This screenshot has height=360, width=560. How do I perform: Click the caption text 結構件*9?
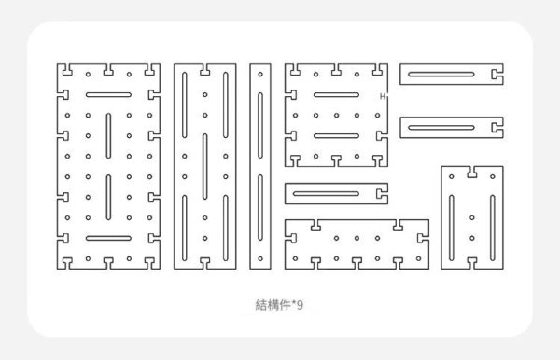click(x=279, y=305)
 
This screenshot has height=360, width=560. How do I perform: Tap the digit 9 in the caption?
click(x=300, y=305)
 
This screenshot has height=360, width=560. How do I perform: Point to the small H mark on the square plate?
click(x=383, y=96)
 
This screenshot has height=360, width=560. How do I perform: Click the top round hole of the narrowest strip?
click(x=260, y=75)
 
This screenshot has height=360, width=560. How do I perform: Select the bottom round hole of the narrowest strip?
click(x=260, y=258)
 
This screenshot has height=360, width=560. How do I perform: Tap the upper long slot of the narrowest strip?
click(x=260, y=125)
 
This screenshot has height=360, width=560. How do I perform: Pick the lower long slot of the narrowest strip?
click(x=260, y=207)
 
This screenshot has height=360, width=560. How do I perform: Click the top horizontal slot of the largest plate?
click(x=108, y=95)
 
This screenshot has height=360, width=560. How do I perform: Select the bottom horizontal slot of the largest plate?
click(x=108, y=238)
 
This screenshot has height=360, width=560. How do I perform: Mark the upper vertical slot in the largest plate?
click(x=108, y=135)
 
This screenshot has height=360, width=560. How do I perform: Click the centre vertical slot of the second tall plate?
click(x=205, y=166)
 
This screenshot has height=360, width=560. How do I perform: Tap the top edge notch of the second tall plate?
click(x=205, y=70)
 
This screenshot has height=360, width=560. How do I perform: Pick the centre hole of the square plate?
click(x=336, y=116)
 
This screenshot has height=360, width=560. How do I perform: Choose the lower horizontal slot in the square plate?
click(x=336, y=135)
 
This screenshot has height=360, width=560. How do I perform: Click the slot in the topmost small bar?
click(x=441, y=75)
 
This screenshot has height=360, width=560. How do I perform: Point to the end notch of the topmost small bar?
click(x=497, y=75)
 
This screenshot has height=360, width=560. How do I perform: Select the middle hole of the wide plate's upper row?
click(x=357, y=238)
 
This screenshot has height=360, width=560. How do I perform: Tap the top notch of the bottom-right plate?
click(x=472, y=172)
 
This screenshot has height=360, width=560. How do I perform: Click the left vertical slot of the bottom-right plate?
click(x=452, y=228)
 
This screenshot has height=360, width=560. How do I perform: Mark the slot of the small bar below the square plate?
click(x=326, y=193)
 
